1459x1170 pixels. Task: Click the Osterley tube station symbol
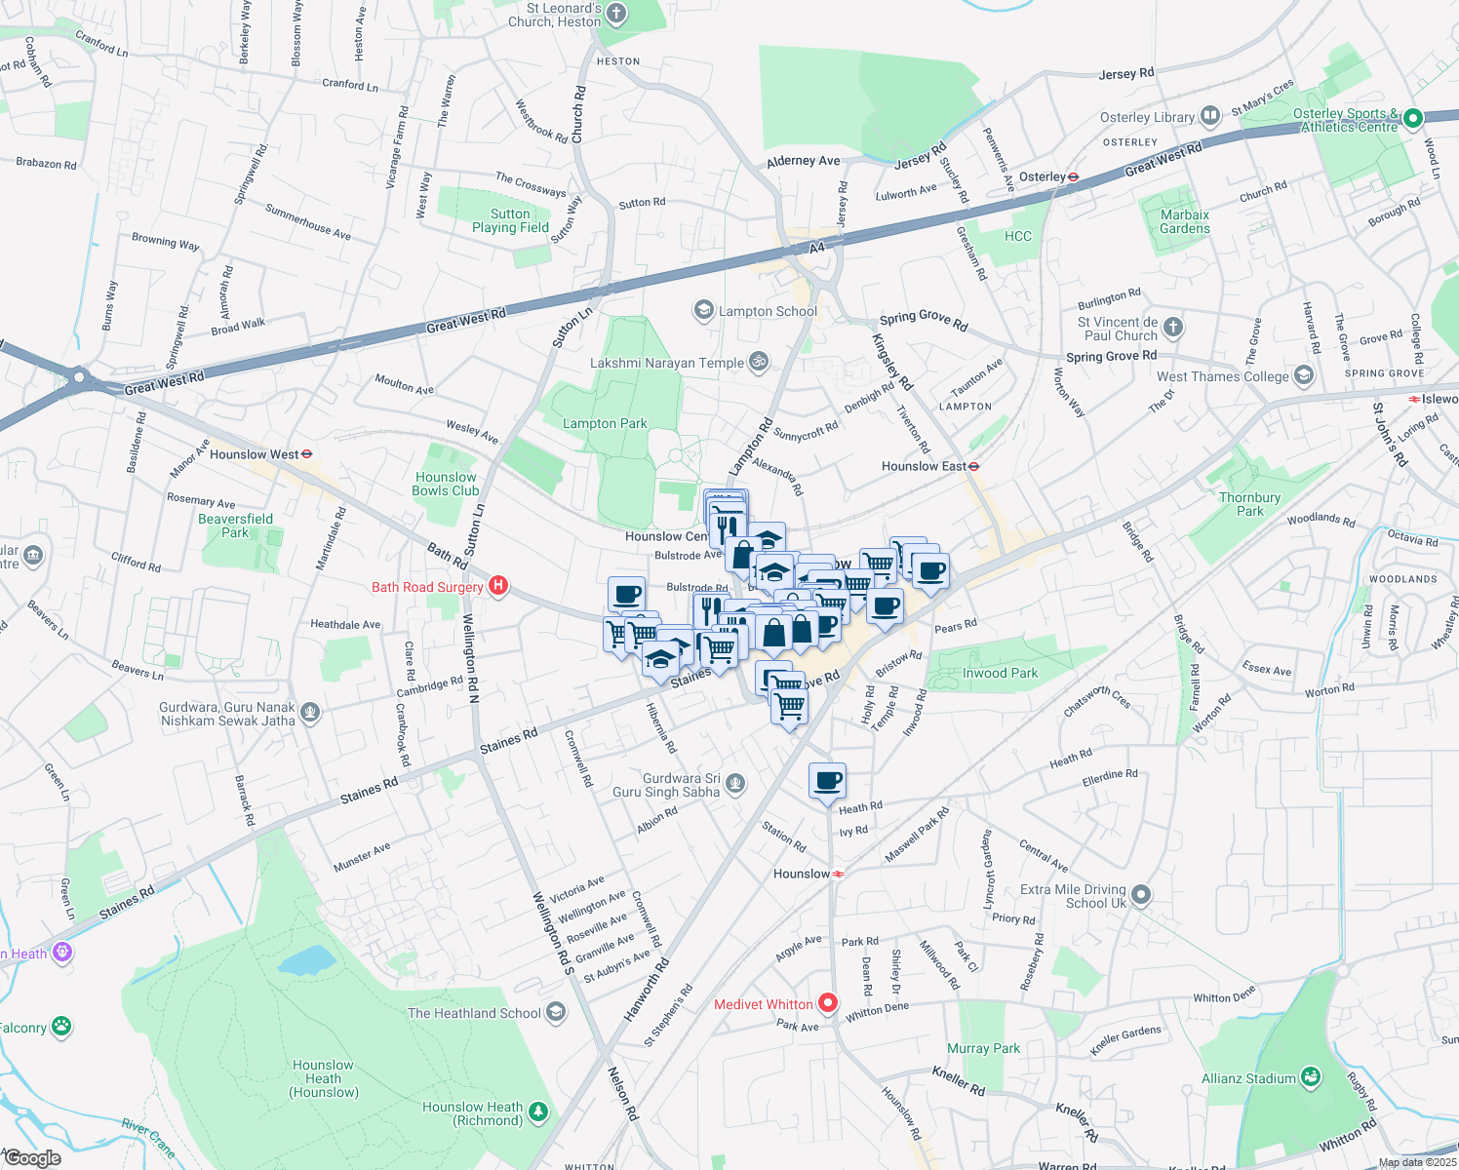[1073, 177]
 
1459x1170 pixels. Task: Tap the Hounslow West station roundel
[306, 454]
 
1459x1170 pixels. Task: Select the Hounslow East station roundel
[973, 467]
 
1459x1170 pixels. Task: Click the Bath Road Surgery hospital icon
[498, 586]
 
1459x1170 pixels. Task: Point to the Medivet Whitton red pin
[828, 1002]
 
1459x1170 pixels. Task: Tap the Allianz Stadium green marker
[1311, 1077]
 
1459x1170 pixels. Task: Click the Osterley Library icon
[1210, 117]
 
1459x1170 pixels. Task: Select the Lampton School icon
[703, 311]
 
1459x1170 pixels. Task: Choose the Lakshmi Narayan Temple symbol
[759, 363]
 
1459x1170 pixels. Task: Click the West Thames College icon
[1304, 376]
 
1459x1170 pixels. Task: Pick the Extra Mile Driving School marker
[1141, 895]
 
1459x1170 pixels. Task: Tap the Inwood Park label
[1000, 673]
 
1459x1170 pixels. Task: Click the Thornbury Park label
[1249, 504]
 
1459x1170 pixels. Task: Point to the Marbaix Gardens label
[1185, 221]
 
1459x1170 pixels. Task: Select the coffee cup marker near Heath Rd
[827, 781]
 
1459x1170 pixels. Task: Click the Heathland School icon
[556, 1012]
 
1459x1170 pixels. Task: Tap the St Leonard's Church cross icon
[616, 14]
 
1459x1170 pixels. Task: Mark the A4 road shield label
[817, 248]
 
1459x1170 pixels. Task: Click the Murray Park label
[983, 1048]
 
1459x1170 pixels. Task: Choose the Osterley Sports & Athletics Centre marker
[1412, 119]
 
